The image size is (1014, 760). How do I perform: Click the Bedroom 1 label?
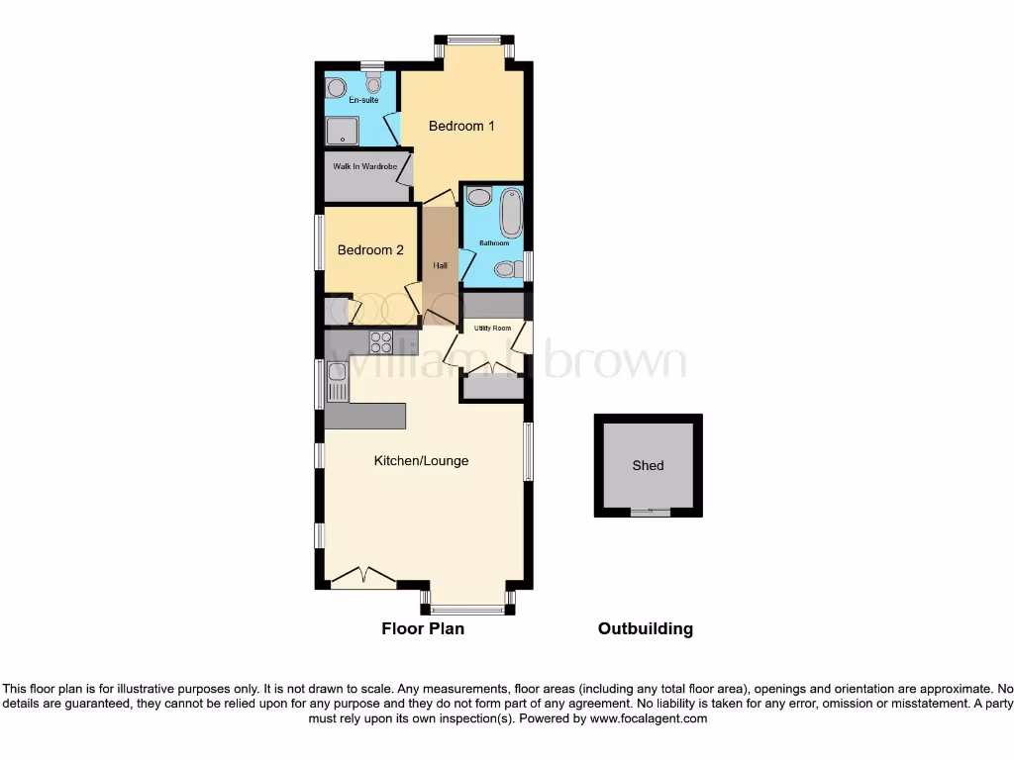tap(461, 126)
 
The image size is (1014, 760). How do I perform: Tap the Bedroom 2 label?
tap(370, 250)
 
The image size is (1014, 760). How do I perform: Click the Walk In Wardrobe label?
tap(364, 166)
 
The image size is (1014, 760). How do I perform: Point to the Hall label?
tap(440, 265)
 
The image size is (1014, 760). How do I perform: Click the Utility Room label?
tap(492, 328)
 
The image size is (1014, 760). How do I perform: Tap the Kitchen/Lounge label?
tap(421, 461)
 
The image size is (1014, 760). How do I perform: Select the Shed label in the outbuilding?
tap(649, 465)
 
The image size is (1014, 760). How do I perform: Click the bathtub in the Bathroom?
tap(511, 213)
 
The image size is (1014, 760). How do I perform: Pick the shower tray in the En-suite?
tap(345, 131)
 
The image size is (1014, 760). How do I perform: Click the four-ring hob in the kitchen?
tap(381, 342)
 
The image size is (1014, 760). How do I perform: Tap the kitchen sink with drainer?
tap(338, 381)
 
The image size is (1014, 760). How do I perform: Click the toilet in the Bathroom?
tap(507, 268)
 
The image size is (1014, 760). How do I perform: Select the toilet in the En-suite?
tap(373, 84)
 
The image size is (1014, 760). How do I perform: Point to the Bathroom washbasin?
tap(478, 198)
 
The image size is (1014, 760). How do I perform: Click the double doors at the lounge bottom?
tap(363, 577)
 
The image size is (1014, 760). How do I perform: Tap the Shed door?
tap(649, 513)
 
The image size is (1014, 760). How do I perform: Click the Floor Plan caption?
tap(423, 628)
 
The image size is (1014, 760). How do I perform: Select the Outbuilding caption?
tap(646, 628)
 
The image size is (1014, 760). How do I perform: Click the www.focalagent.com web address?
tap(648, 718)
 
